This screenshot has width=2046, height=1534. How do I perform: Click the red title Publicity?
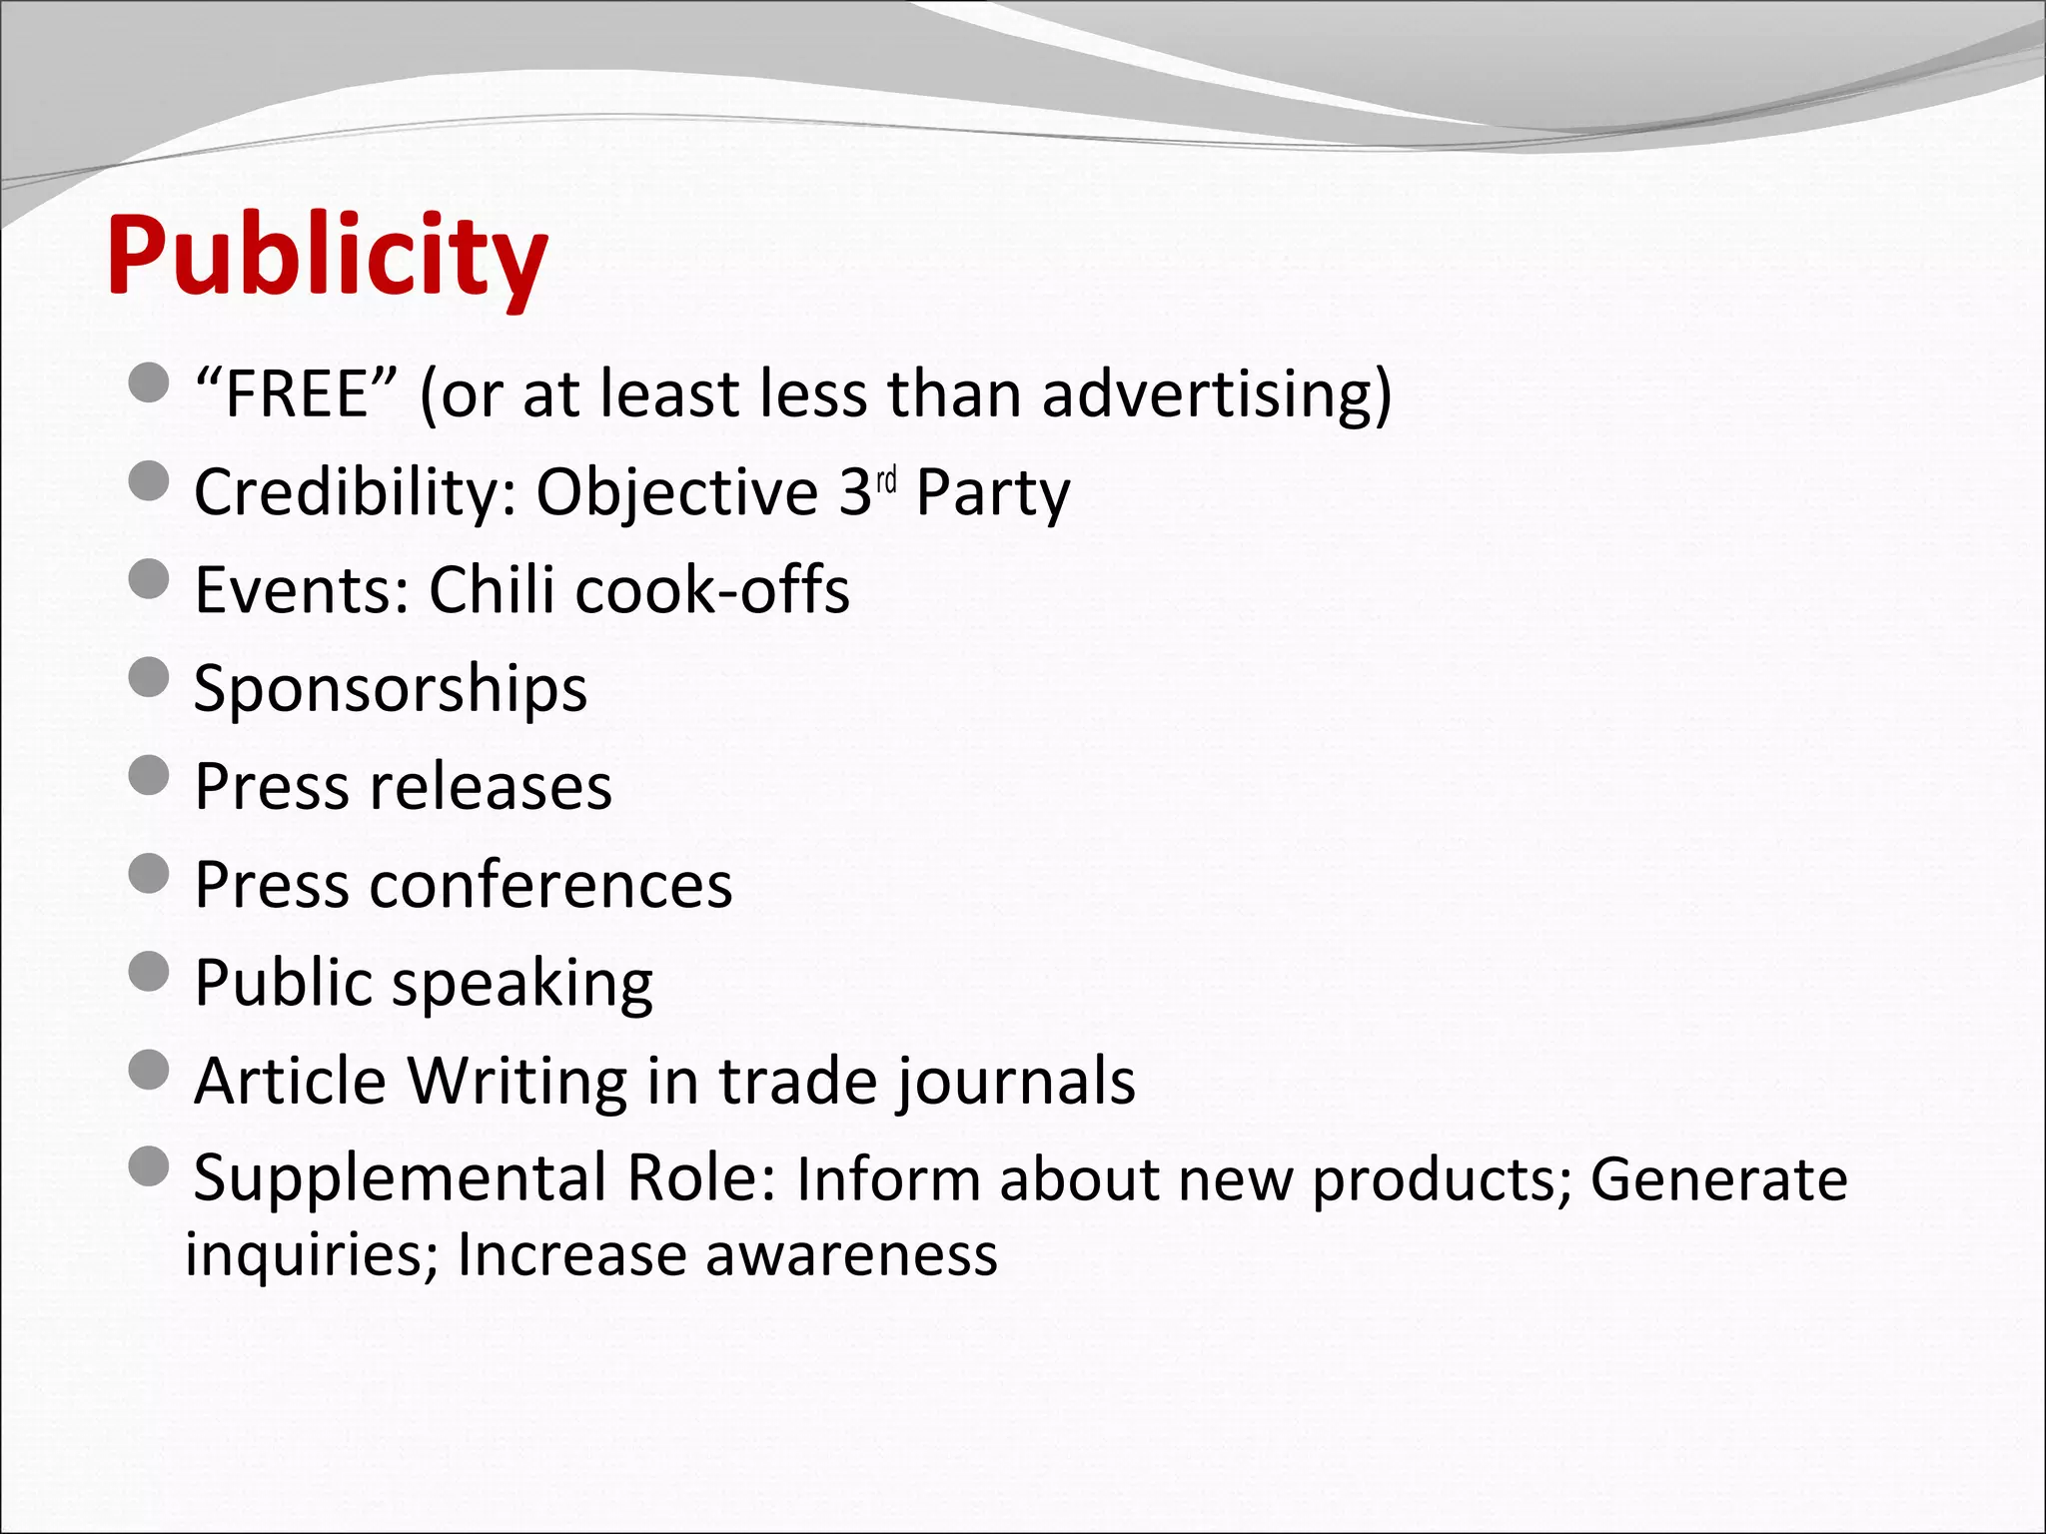coord(327,257)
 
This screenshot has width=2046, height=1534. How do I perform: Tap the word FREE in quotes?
coord(297,394)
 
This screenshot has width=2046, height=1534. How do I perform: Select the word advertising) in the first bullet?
coord(1217,394)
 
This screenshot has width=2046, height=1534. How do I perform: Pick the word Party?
coord(993,492)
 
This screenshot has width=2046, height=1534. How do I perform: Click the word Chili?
coord(492,589)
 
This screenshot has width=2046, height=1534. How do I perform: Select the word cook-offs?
coord(712,589)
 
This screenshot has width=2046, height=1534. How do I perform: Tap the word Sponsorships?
coord(391,689)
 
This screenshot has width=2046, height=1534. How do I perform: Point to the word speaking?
coord(522,984)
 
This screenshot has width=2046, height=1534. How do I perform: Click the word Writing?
coord(516,1082)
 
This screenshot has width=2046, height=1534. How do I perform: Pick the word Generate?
coord(1718,1179)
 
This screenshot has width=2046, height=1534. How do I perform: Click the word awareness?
coord(851,1254)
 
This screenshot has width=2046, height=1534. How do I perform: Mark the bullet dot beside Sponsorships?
coord(150,677)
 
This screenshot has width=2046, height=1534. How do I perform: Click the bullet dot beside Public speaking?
coord(150,971)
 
